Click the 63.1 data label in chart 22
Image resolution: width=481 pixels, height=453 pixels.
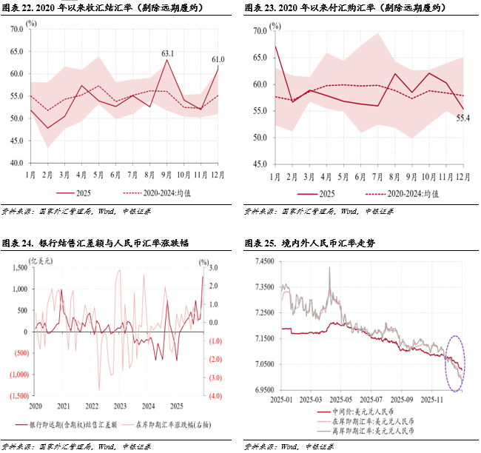coord(168,53)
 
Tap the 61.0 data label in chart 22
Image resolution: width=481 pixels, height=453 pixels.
coord(218,59)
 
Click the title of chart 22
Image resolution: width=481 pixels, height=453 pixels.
coord(104,8)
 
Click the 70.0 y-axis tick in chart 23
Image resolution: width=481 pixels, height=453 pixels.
coord(260,31)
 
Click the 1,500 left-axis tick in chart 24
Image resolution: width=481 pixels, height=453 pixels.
coord(16,266)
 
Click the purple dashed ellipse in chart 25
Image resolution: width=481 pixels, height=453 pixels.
coord(455,363)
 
